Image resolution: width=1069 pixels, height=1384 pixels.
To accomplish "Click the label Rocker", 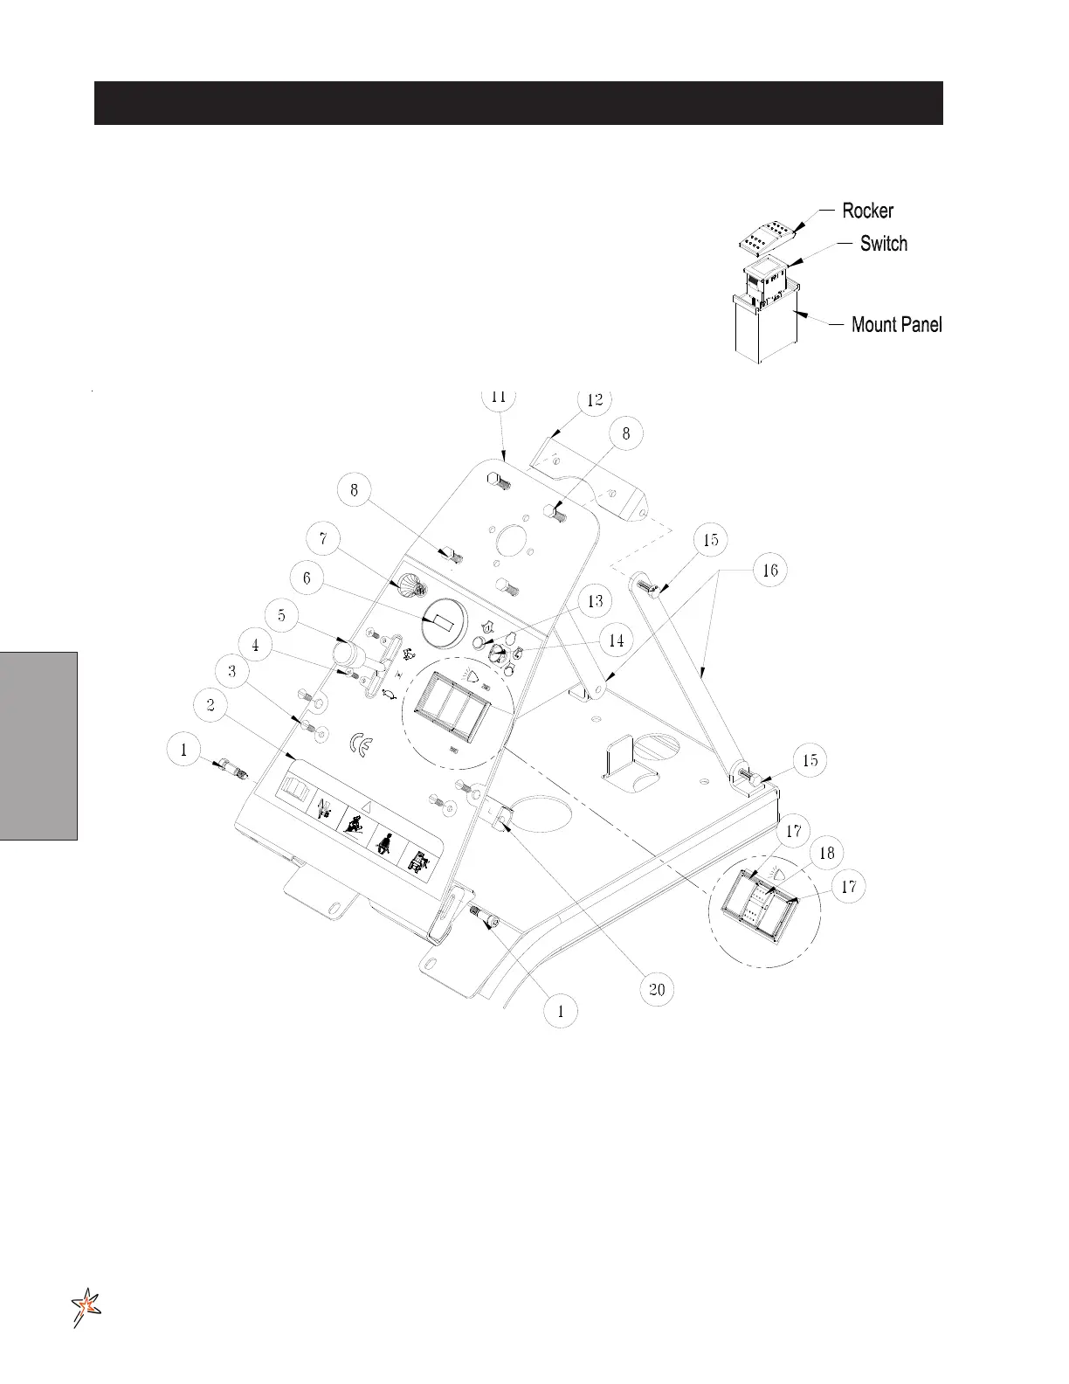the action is (x=867, y=211).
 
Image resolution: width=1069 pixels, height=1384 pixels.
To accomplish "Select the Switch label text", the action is (x=883, y=244).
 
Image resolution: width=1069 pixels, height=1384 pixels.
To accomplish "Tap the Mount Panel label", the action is (x=896, y=325).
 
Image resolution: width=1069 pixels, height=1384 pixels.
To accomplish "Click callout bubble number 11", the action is (x=498, y=397).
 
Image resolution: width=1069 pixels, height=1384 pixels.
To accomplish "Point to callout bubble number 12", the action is (x=595, y=400).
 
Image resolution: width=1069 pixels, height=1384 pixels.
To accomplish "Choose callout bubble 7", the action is (x=324, y=538).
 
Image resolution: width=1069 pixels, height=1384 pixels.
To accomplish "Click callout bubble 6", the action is (x=307, y=578).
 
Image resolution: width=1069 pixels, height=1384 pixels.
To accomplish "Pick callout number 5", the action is (x=281, y=616).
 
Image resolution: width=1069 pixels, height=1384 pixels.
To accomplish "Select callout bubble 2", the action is (x=210, y=704).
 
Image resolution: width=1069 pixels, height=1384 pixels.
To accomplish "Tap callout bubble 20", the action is (x=657, y=989).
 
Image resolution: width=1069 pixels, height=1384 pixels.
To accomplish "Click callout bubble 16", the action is (x=770, y=571).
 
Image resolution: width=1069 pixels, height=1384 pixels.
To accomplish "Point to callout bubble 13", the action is (x=595, y=602).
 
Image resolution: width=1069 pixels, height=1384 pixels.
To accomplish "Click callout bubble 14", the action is (x=617, y=640).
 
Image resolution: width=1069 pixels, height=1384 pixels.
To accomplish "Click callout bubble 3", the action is (x=231, y=671).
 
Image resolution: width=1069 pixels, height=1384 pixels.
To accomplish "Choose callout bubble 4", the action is (x=255, y=646).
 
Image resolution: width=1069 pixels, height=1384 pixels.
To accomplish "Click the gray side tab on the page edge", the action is (x=38, y=744).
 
